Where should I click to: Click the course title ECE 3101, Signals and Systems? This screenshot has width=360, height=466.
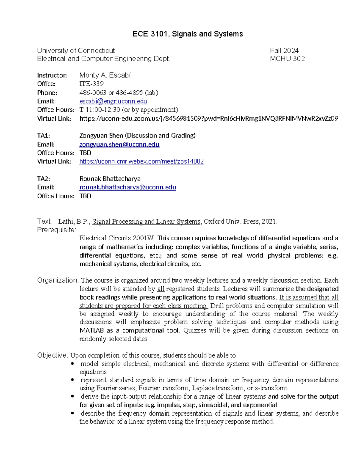[x=187, y=34]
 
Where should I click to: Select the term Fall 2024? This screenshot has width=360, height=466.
[x=284, y=50]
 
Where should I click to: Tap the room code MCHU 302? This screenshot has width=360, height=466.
[x=287, y=59]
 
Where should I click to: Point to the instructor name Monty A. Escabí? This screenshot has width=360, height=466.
[x=105, y=75]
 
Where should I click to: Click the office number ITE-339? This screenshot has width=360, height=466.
[x=91, y=84]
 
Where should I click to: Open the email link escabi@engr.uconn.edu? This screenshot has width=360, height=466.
[x=113, y=101]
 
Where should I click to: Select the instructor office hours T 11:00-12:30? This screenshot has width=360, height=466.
[x=100, y=110]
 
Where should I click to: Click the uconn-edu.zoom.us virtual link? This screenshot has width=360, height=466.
[x=208, y=119]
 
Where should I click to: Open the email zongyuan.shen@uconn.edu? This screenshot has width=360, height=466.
[x=119, y=144]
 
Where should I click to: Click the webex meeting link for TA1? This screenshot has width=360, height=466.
[x=141, y=161]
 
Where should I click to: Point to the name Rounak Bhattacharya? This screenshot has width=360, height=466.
[x=110, y=179]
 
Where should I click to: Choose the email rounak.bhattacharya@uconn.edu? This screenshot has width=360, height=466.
[x=127, y=187]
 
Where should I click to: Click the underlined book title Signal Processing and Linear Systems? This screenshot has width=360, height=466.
[x=146, y=222]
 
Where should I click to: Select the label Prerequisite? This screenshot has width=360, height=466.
[x=57, y=230]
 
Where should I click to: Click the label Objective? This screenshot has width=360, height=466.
[x=53, y=355]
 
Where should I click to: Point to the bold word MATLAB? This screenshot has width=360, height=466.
[x=91, y=331]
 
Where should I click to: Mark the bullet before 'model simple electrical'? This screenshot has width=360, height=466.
[x=72, y=364]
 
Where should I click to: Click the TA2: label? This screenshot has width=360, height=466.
[x=43, y=179]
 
